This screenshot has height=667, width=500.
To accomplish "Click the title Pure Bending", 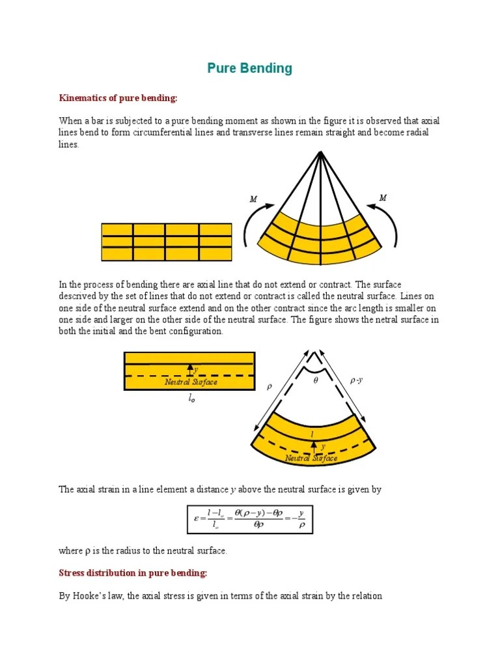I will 249,68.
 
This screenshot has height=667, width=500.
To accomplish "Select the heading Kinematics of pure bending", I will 118,98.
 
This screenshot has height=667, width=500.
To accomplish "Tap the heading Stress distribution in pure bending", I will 133,573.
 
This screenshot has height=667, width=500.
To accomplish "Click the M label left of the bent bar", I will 253,199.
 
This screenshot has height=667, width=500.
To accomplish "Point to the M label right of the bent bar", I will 383,197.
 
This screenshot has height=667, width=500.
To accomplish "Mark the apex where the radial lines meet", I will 320,152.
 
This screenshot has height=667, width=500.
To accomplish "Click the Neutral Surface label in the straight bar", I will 191,382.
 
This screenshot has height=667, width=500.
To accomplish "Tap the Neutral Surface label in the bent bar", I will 311,459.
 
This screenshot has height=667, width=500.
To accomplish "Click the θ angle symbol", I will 316,380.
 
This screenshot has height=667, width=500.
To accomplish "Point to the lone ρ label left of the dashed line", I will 269,386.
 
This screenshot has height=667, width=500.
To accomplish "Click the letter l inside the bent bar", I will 312,433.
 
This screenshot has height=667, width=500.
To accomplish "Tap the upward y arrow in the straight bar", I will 189,369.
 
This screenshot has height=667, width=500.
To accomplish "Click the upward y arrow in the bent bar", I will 314,447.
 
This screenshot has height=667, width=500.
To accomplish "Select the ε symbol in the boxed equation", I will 196,518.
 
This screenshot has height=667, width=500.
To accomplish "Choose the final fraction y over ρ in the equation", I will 301,519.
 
